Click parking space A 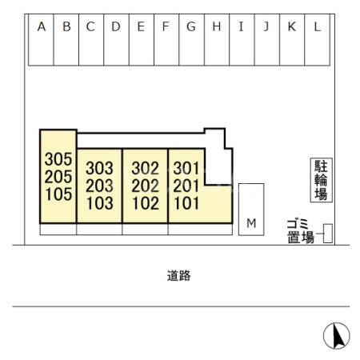(41, 40)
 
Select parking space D (116, 40)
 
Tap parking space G (191, 40)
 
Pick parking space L (318, 40)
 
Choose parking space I (242, 40)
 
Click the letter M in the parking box (251, 223)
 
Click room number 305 (58, 159)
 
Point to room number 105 (58, 194)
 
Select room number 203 (99, 186)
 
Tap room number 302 (146, 168)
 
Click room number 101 (186, 203)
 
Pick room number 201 (186, 186)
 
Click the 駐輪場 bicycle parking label (321, 180)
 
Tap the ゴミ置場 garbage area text (301, 231)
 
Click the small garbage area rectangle (328, 234)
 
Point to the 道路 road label (179, 276)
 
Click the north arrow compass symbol (337, 336)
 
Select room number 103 (100, 203)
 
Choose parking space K (292, 40)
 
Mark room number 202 (146, 186)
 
